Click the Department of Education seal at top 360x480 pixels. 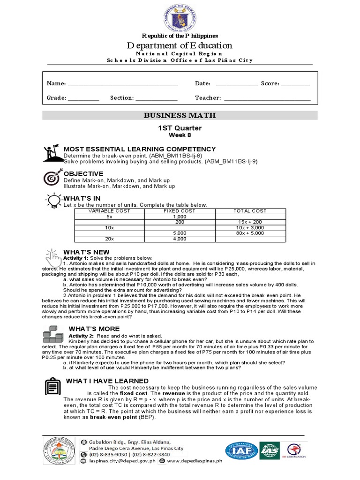[180, 16]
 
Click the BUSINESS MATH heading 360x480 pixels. [180, 115]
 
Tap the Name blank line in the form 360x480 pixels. [123, 84]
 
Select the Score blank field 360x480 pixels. [296, 84]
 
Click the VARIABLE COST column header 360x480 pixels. [109, 211]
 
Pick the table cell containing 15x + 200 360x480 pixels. [250, 222]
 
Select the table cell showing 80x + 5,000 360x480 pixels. [250, 233]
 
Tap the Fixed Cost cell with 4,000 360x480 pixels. [180, 239]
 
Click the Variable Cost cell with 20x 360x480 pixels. [109, 239]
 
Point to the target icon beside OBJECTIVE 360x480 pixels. [51, 178]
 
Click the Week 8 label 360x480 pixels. [180, 135]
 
